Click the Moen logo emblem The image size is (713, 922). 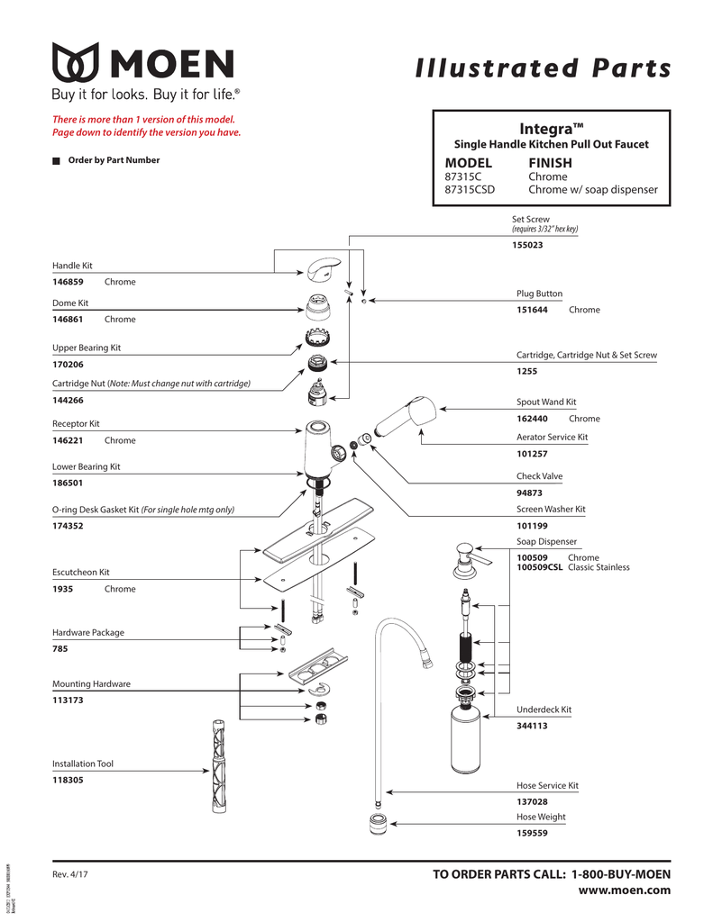(78, 64)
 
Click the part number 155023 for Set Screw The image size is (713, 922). (527, 246)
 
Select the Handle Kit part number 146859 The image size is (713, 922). (68, 282)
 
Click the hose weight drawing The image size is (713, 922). (378, 823)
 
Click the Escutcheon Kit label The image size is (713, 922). (80, 572)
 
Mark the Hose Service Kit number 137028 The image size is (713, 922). (532, 801)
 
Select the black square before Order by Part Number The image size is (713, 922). (56, 161)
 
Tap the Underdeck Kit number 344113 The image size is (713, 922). (532, 726)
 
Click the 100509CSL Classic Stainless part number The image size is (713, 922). (539, 567)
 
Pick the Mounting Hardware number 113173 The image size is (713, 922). (68, 700)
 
